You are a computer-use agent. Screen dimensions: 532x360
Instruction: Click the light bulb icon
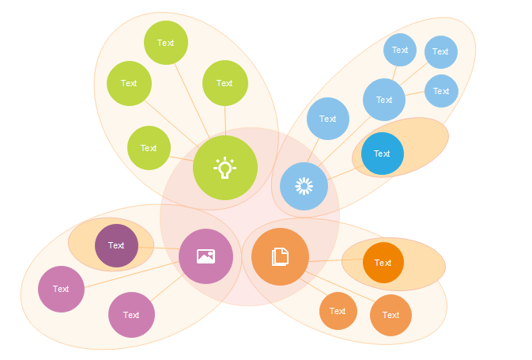coord(224,168)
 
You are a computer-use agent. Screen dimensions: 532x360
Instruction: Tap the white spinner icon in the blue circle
coord(304,186)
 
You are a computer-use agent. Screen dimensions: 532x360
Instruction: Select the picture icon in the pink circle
coord(206,256)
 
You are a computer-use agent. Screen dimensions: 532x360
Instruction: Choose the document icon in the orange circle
coord(281,257)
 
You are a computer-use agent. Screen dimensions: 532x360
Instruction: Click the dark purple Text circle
coord(116,245)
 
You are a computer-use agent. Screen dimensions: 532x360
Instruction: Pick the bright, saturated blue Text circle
coord(383,153)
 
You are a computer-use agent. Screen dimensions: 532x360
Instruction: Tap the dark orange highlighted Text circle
coord(383,263)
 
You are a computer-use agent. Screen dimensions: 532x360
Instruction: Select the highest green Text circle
coord(166,43)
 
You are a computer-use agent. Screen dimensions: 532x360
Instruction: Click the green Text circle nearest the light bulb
coord(149,148)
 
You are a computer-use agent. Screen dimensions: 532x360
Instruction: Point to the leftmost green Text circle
coord(130,84)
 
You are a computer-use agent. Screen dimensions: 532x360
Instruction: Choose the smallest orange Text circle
coord(338,311)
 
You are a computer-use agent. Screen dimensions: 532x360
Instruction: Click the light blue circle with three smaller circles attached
coord(384,100)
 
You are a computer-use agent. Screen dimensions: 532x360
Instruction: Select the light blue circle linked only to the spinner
coord(328,119)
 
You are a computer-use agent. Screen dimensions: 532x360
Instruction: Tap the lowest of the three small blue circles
coord(441,91)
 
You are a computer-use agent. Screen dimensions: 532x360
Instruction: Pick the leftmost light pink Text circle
coord(61,289)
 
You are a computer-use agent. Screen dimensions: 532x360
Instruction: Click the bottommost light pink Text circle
coord(131,315)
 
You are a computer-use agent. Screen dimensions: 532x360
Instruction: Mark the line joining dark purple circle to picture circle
coord(159,248)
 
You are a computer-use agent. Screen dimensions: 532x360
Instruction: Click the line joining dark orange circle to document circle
coord(336,260)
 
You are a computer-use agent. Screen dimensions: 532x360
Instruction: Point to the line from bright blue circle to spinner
coord(345,172)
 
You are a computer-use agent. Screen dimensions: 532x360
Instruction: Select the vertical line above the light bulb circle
coord(225,120)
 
